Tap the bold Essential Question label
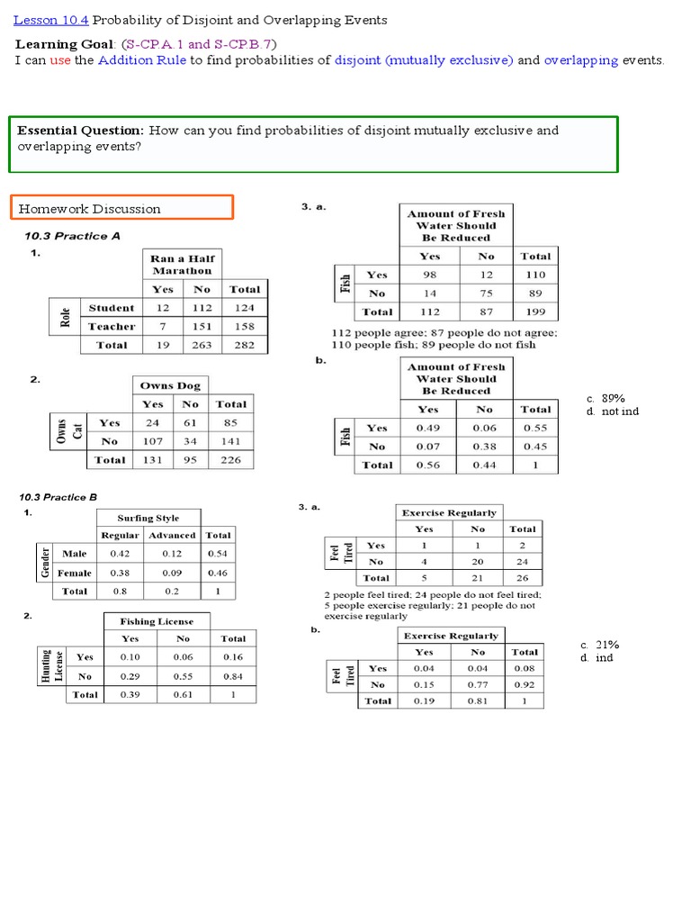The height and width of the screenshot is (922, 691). pos(81,131)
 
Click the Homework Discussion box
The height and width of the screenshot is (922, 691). pos(121,208)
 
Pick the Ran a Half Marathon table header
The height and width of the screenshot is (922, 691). pos(182,265)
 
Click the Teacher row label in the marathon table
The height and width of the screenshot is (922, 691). pos(112,327)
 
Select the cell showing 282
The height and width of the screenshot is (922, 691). pos(244,345)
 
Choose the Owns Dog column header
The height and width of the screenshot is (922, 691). pos(170,385)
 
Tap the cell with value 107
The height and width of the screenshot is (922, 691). pos(153,441)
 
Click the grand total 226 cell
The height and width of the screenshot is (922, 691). pos(231,460)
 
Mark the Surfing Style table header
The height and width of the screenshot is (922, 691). pos(148,518)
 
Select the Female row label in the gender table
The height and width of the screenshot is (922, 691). pos(74,573)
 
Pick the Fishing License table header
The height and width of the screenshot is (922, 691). pos(157,621)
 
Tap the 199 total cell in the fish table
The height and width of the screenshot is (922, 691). pos(535,312)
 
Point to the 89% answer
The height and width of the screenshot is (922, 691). pos(613,398)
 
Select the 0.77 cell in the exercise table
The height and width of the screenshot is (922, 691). pos(478,684)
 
